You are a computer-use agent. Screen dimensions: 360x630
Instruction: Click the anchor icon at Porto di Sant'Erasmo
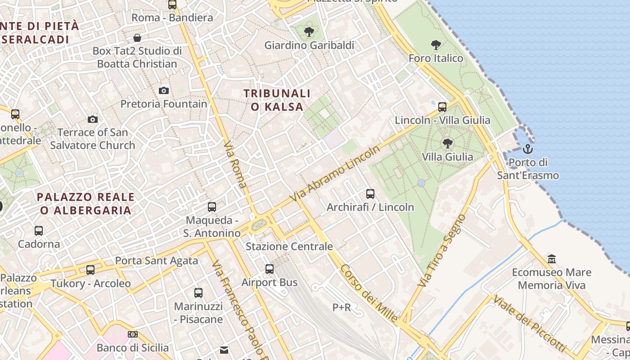coord(527,149)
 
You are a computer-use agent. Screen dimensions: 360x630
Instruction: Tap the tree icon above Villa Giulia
coord(447,144)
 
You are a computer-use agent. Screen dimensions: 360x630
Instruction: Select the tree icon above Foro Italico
coord(436,45)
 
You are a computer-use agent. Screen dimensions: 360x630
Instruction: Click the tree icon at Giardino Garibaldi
coord(309,32)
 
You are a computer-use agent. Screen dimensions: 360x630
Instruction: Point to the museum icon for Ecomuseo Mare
coord(552,259)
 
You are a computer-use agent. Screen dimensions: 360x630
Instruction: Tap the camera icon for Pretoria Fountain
coord(164,91)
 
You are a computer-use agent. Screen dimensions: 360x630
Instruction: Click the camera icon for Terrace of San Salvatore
coord(93,119)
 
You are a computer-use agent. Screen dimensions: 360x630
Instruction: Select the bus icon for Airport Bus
coord(270,269)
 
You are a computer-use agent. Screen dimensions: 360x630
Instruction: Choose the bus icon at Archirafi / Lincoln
coord(370,194)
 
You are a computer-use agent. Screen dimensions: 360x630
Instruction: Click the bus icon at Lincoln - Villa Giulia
coord(442,107)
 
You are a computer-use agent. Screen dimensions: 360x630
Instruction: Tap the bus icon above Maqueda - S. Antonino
coord(211,207)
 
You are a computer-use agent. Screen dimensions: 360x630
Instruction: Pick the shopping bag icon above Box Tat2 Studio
coord(137,38)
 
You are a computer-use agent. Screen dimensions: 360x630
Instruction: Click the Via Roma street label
coord(236,165)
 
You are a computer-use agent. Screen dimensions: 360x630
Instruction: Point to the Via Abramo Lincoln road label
coord(335,174)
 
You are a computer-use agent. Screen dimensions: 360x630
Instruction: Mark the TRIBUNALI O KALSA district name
coord(277,100)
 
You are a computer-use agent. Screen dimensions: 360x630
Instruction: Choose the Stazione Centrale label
coord(289,247)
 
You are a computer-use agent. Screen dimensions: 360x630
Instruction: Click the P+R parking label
coord(342,307)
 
